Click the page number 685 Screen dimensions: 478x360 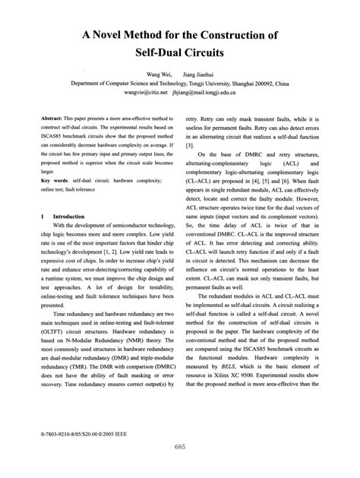tap(180, 447)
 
